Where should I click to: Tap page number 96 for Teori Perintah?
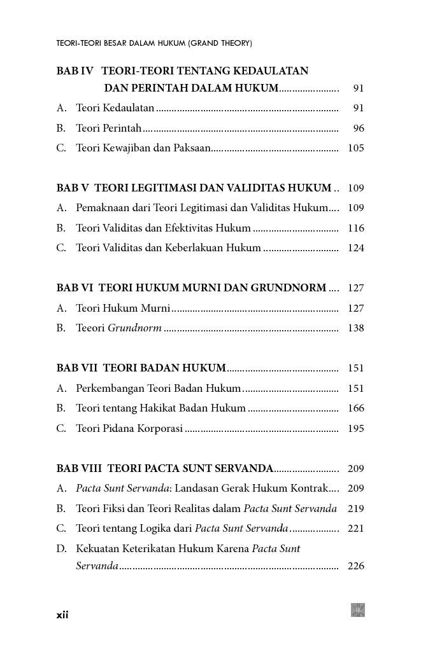pyautogui.click(x=359, y=128)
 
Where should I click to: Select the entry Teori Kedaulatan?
pyautogui.click(x=115, y=109)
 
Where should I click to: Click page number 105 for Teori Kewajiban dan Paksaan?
pyautogui.click(x=356, y=149)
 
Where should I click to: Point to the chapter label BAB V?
pyautogui.click(x=73, y=188)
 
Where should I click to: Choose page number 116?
pyautogui.click(x=356, y=228)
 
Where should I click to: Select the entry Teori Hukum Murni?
pyautogui.click(x=122, y=309)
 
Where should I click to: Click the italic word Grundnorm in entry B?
pyautogui.click(x=134, y=329)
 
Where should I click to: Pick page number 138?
pyautogui.click(x=356, y=329)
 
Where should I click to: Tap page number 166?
pyautogui.click(x=356, y=408)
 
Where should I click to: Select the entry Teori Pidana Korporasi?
pyautogui.click(x=129, y=429)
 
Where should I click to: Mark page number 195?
pyautogui.click(x=356, y=429)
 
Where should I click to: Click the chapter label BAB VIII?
pyautogui.click(x=79, y=469)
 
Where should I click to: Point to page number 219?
pyautogui.click(x=356, y=509)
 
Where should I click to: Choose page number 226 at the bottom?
pyautogui.click(x=356, y=566)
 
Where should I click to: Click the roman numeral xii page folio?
pyautogui.click(x=62, y=615)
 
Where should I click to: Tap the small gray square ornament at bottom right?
pyautogui.click(x=358, y=610)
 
